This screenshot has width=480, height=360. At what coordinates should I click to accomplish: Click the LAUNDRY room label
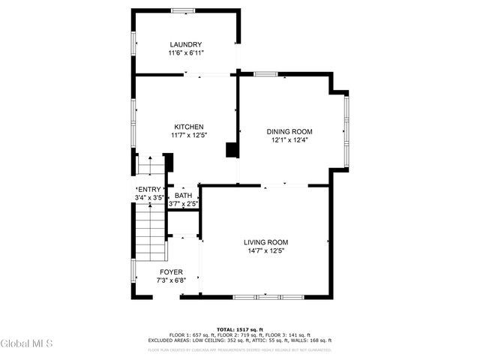[x=186, y=45]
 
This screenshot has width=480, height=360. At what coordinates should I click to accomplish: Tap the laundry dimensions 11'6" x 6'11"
[x=186, y=53]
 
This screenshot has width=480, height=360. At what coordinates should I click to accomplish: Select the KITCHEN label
[x=189, y=127]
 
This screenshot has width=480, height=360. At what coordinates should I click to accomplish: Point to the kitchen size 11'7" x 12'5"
[x=189, y=135]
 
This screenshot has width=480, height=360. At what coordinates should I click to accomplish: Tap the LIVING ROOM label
[x=265, y=242]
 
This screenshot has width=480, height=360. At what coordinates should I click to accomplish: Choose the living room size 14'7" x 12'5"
[x=265, y=250]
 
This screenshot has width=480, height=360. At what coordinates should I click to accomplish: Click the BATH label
[x=183, y=196]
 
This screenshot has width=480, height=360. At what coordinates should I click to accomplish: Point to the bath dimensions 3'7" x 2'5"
[x=183, y=204]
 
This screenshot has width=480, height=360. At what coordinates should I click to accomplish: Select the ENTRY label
[x=148, y=190]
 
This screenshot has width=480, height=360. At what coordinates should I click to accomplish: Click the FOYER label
[x=171, y=272]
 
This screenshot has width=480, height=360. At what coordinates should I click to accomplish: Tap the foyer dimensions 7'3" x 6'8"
[x=171, y=280]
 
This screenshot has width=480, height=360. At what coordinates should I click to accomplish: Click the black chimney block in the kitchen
[x=232, y=150]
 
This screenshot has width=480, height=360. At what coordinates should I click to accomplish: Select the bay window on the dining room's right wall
[x=346, y=131]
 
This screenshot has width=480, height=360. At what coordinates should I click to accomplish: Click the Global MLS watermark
[x=27, y=343]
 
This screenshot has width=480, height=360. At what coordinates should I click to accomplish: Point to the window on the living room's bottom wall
[x=266, y=298]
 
